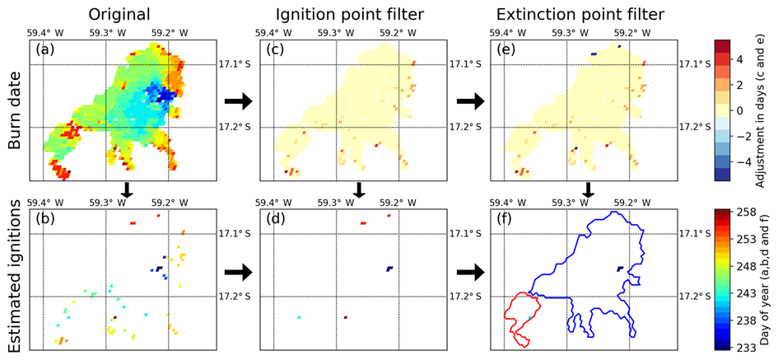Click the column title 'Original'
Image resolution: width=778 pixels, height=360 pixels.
(x=119, y=14)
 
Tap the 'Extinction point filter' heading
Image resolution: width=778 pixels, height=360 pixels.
(x=581, y=15)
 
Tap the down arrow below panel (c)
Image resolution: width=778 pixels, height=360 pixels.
(x=361, y=189)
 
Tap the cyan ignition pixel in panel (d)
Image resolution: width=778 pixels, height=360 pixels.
(x=299, y=317)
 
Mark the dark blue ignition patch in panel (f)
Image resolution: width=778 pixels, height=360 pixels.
(x=620, y=269)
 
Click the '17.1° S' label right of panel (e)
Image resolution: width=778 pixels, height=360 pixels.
(x=693, y=64)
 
